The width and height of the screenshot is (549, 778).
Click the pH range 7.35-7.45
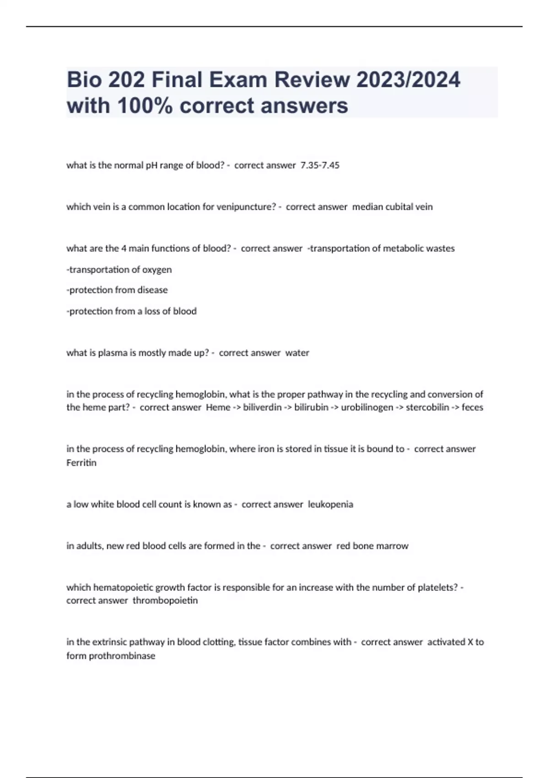pyautogui.click(x=320, y=165)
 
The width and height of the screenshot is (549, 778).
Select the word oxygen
pyautogui.click(x=156, y=270)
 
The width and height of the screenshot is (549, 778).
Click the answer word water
pyautogui.click(x=297, y=353)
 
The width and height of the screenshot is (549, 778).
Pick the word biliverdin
pyautogui.click(x=262, y=407)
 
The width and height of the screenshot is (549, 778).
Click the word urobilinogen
pyautogui.click(x=367, y=407)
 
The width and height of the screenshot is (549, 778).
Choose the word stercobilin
pyautogui.click(x=427, y=407)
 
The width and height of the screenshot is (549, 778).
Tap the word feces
pyautogui.click(x=472, y=407)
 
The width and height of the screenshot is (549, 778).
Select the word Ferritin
pyautogui.click(x=81, y=463)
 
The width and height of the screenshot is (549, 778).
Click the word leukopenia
pyautogui.click(x=330, y=504)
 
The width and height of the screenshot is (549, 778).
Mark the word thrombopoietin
pyautogui.click(x=165, y=600)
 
